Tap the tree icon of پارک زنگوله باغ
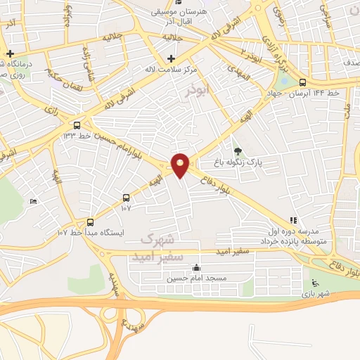pyautogui.click(x=236, y=150)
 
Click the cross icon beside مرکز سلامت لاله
pyautogui.click(x=171, y=58)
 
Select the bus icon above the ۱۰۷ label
pyautogui.click(x=126, y=198)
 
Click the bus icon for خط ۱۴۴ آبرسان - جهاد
pyautogui.click(x=322, y=82)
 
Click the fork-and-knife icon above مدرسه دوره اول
pyautogui.click(x=293, y=220)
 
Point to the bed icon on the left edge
pyautogui.click(x=33, y=202)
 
